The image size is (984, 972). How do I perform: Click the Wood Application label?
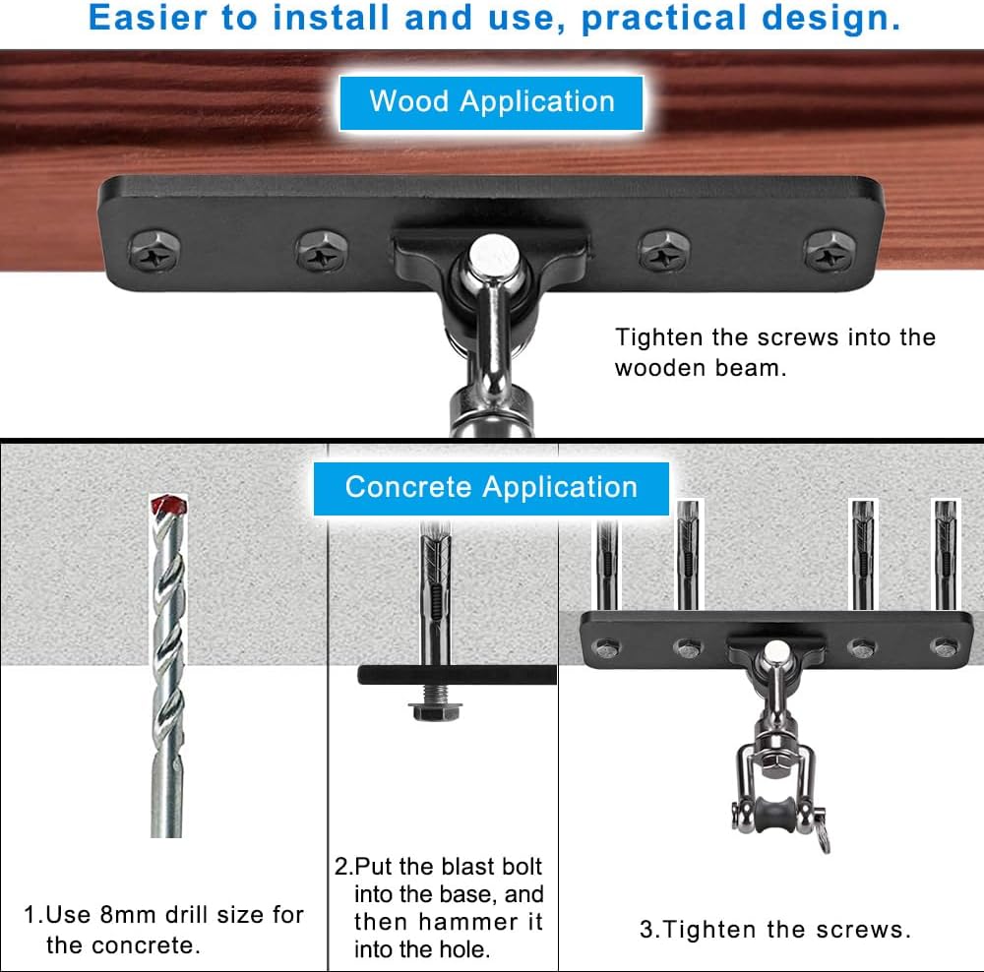[491, 101]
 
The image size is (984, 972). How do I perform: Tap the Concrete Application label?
[491, 487]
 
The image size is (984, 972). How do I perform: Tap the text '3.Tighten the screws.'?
[775, 929]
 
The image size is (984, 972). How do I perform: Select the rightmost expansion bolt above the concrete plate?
[945, 556]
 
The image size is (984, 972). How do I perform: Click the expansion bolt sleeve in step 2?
[433, 600]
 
